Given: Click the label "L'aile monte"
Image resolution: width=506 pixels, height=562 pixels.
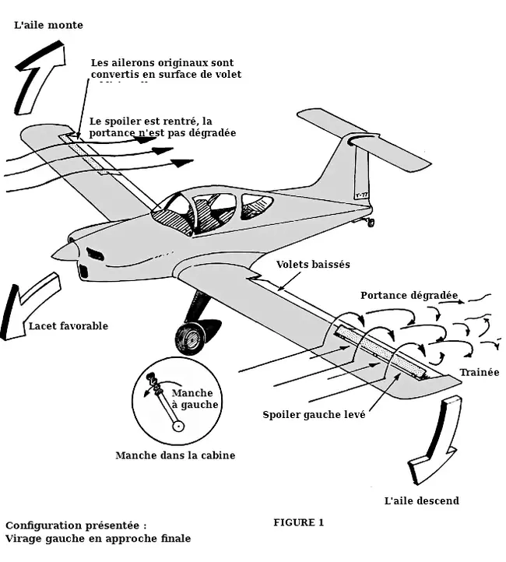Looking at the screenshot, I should click(48, 25).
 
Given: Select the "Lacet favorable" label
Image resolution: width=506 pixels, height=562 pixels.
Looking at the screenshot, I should click(69, 326).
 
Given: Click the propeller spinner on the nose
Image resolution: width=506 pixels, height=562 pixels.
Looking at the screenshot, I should click(65, 251).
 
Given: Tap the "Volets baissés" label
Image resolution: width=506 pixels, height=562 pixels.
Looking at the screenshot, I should click(313, 265).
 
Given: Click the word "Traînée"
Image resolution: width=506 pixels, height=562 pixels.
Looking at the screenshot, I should click(479, 372).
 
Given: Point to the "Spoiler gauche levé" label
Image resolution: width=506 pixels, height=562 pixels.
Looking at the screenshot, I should click(314, 414).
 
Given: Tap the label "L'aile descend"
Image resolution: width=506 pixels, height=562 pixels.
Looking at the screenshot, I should click(421, 501).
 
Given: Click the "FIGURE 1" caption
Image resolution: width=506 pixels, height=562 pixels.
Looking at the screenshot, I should click(298, 522).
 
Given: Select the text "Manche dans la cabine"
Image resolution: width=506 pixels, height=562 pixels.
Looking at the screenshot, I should click(175, 455).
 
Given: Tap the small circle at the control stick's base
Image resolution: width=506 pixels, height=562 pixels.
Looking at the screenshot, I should click(179, 426).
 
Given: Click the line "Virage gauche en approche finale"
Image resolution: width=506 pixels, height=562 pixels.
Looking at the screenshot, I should click(98, 538).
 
